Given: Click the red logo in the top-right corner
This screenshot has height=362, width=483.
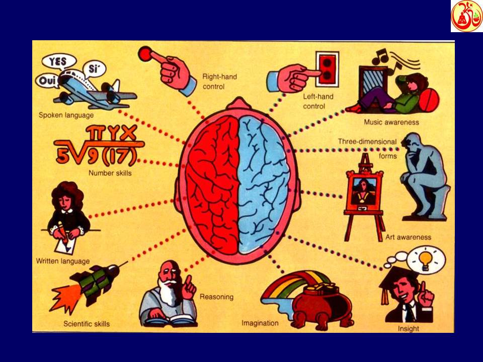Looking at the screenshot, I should [466, 16].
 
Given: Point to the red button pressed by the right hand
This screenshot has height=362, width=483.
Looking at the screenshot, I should [145, 52].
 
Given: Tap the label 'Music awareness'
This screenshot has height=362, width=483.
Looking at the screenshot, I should [391, 122].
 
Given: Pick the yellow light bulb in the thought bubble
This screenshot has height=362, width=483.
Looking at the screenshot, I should [426, 259].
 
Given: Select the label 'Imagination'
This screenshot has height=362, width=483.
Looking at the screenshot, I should [260, 323].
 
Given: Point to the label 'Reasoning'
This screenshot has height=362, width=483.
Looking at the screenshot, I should [216, 297].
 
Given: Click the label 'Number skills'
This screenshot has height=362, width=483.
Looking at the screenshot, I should [110, 173].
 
